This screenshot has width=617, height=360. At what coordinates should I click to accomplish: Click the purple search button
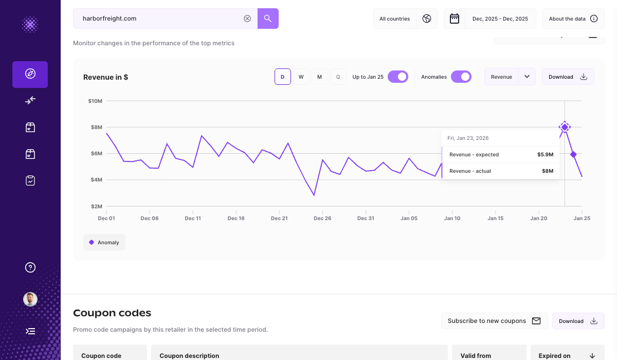(x=268, y=19)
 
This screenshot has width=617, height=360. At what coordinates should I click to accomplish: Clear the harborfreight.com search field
(x=247, y=19)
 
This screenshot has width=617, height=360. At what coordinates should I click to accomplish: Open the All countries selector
(x=405, y=19)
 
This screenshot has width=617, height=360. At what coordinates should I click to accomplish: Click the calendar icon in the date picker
(x=455, y=19)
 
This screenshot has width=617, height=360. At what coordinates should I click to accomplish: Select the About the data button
(x=573, y=19)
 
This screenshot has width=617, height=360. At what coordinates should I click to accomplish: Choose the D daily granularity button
(x=282, y=77)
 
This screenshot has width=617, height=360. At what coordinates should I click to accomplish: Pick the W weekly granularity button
(x=301, y=77)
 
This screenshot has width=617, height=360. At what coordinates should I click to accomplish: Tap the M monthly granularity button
(x=319, y=77)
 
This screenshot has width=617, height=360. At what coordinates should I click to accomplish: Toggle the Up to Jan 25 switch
(x=398, y=77)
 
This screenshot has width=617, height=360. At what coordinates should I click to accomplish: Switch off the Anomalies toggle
(x=461, y=77)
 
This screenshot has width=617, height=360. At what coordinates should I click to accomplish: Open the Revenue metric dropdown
(x=527, y=77)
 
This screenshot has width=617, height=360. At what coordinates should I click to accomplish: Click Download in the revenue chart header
(x=568, y=77)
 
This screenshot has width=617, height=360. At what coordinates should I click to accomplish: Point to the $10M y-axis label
(x=95, y=101)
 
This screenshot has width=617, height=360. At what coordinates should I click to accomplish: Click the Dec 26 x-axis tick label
(x=322, y=218)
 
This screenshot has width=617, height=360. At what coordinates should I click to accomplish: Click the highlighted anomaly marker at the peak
(x=565, y=127)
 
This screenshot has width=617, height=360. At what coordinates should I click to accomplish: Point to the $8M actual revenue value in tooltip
(x=547, y=171)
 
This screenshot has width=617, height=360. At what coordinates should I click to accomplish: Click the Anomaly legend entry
(x=104, y=242)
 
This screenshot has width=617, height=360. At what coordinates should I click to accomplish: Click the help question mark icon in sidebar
(x=30, y=267)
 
